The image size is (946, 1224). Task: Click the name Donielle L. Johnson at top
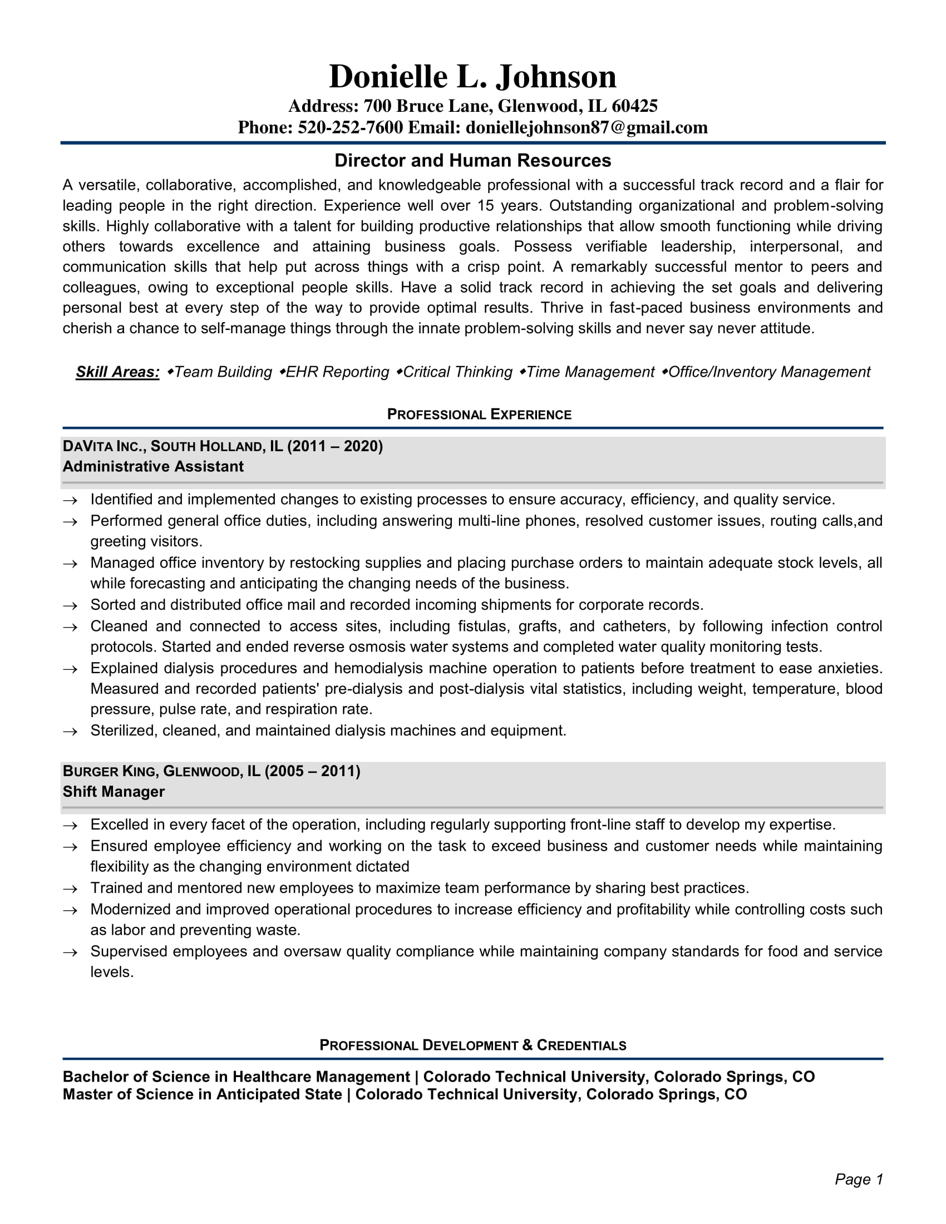tap(472, 76)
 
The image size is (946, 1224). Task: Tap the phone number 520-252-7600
tap(349, 128)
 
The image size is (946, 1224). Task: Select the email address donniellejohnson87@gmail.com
tap(586, 128)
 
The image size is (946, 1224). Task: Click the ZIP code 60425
tap(634, 106)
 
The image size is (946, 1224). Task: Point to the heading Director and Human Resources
tap(472, 161)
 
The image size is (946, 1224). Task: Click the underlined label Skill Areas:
tap(117, 372)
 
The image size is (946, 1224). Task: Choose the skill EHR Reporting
tap(337, 372)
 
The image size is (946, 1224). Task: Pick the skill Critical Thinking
tap(457, 372)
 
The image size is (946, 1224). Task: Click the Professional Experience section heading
tap(479, 414)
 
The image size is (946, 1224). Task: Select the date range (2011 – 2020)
tap(335, 446)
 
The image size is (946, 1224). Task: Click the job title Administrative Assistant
tap(153, 467)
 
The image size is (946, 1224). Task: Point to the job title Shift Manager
tap(114, 792)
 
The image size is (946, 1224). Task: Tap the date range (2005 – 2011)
tap(312, 771)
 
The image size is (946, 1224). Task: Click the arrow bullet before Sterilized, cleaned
tap(70, 732)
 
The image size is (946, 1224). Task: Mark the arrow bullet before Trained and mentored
tap(70, 889)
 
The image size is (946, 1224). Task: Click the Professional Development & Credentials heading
tap(472, 1045)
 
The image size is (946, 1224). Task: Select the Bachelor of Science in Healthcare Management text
tap(236, 1077)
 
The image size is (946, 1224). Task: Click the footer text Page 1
tap(859, 1179)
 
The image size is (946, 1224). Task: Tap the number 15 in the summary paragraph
tap(485, 206)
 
